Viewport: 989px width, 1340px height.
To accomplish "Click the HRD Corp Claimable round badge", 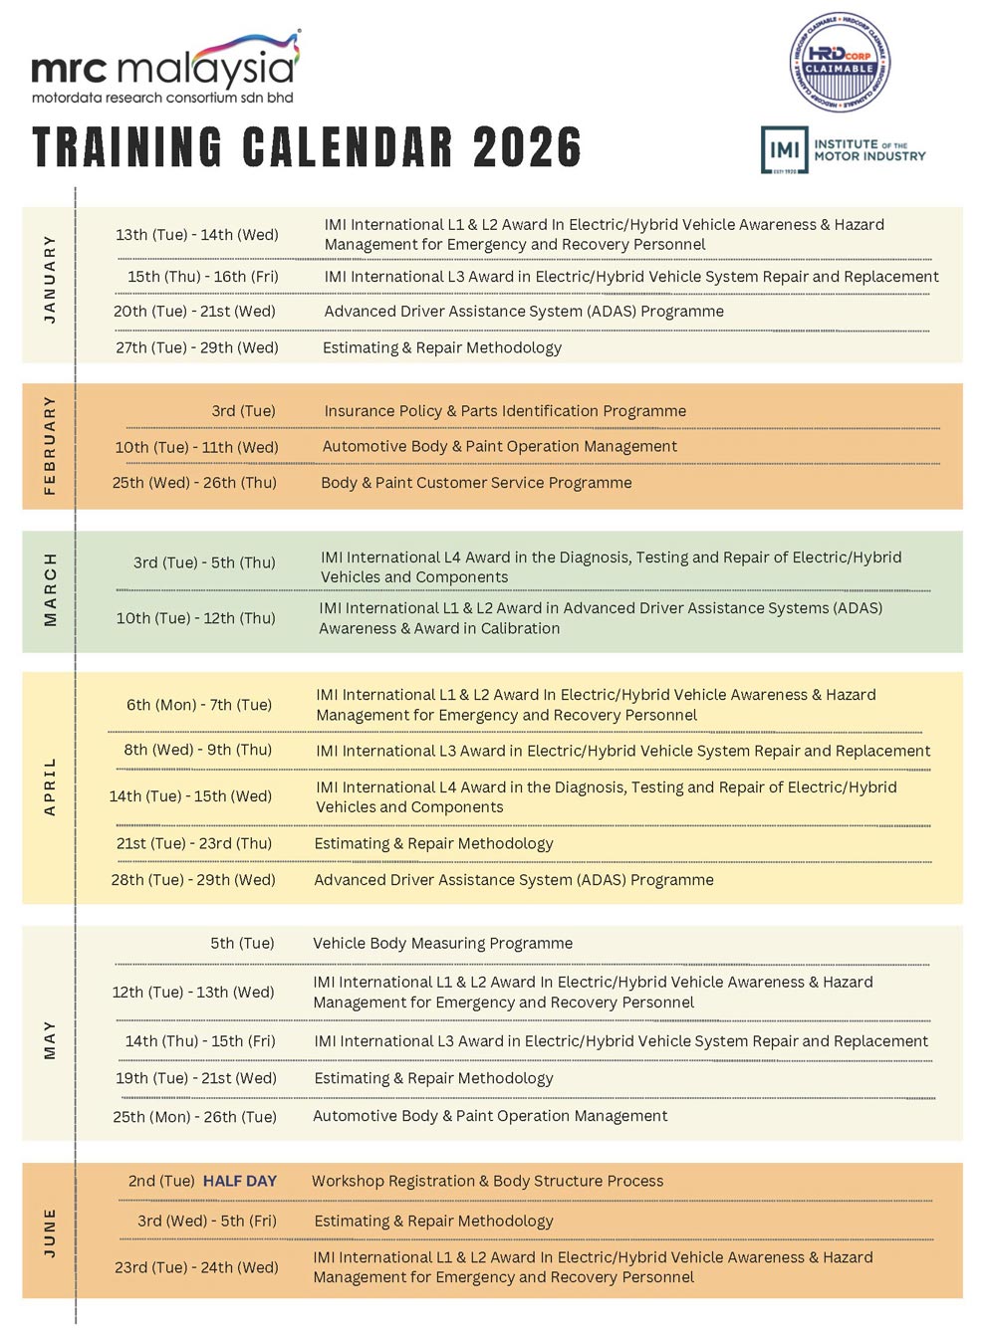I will [x=840, y=63].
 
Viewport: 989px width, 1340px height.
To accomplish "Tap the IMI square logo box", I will [x=784, y=150].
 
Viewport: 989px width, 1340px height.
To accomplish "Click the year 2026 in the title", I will [x=527, y=147].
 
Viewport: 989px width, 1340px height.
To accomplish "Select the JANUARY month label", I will [x=50, y=279].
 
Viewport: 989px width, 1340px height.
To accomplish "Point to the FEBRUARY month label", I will [x=50, y=445].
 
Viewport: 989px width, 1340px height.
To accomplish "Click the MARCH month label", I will [x=50, y=589].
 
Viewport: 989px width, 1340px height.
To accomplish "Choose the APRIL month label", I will [x=50, y=786].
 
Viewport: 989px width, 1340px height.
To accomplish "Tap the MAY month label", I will [x=50, y=1039].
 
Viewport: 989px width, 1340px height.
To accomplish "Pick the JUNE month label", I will [x=50, y=1231].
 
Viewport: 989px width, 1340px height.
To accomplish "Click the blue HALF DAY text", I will [x=240, y=1181].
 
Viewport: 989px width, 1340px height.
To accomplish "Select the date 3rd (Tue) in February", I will [x=243, y=411].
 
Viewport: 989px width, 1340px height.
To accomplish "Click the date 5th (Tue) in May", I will [x=242, y=943].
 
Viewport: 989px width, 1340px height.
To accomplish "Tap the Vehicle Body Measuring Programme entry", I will [x=442, y=943].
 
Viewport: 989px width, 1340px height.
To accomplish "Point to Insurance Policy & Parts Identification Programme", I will [x=505, y=411].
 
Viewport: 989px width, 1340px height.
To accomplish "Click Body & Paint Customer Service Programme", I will [x=476, y=483].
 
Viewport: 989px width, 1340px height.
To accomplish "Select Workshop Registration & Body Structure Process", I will [x=487, y=1181].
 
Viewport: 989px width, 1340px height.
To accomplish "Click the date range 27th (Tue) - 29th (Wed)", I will [x=197, y=347].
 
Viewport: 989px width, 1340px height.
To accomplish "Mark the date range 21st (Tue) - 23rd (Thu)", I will [x=194, y=843].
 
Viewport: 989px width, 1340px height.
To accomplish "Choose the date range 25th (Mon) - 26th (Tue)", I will [x=194, y=1117].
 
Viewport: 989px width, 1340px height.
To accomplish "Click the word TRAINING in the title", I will [x=127, y=147].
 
